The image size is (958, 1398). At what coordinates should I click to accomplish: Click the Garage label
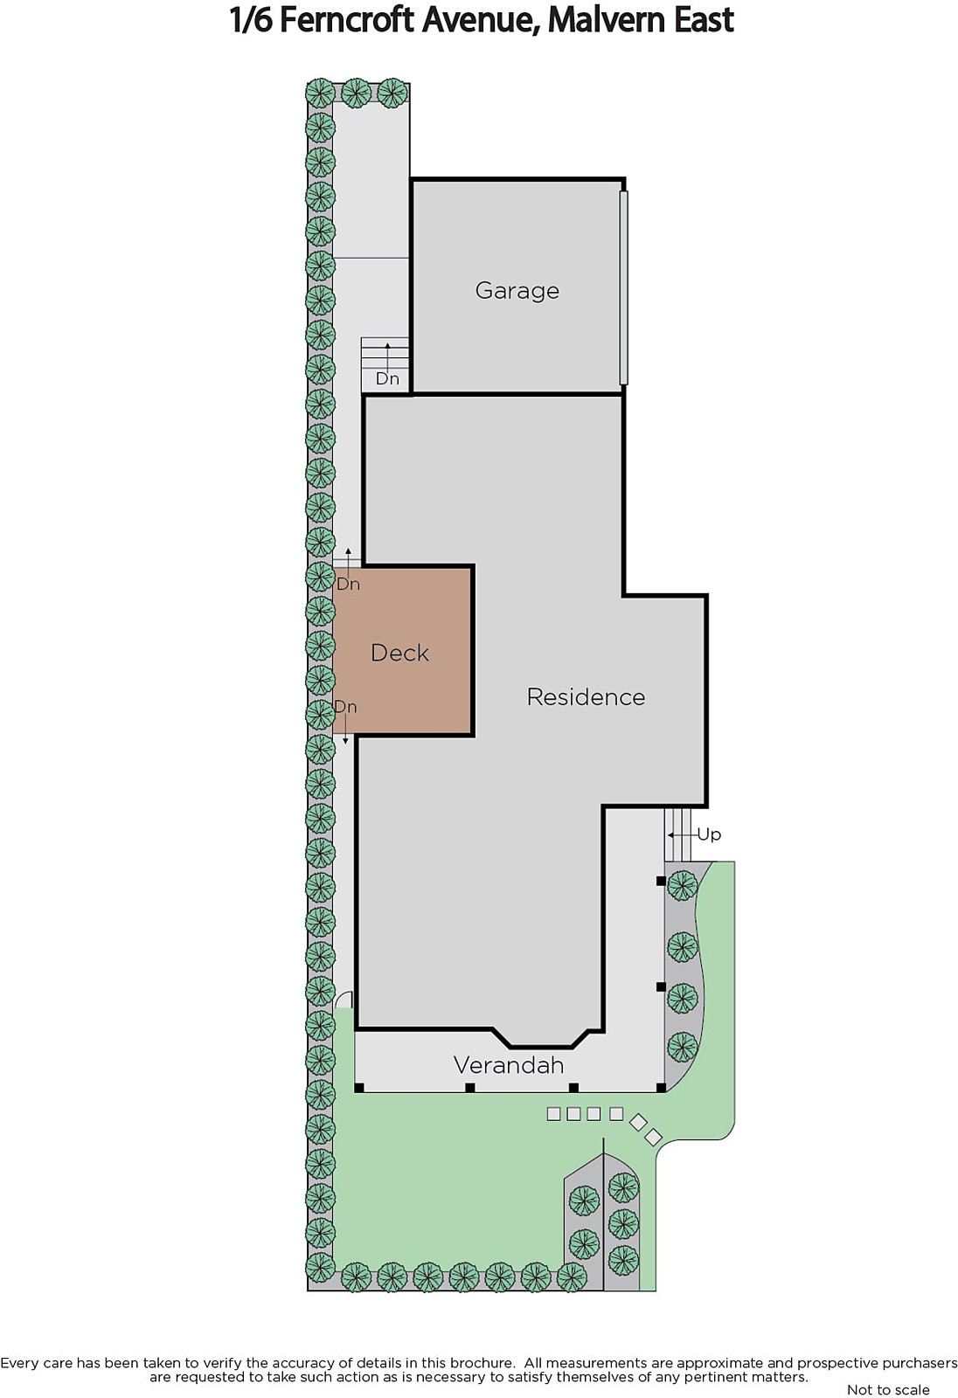click(517, 291)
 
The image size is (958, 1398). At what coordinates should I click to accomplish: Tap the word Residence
click(586, 697)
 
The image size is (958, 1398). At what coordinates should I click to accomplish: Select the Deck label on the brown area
click(399, 653)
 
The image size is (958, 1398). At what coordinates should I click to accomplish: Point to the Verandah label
click(509, 1065)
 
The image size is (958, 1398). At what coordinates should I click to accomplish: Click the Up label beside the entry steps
click(709, 834)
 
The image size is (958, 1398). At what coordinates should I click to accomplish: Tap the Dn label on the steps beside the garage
click(387, 378)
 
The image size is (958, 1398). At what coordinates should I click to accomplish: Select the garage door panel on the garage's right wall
click(623, 287)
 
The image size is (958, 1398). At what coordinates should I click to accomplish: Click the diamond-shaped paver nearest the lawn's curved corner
click(653, 1137)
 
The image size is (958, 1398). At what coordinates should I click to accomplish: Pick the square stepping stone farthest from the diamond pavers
click(553, 1114)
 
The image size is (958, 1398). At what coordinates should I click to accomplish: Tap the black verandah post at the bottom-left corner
click(359, 1088)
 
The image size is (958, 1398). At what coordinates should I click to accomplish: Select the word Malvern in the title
click(600, 20)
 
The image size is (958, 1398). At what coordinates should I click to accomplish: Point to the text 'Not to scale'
click(888, 1389)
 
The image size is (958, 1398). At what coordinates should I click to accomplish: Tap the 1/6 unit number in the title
click(251, 20)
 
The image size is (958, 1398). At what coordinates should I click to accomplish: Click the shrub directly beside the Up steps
click(683, 884)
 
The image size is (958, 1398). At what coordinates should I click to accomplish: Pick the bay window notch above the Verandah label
click(541, 1039)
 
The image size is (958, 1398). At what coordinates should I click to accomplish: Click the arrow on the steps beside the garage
click(387, 356)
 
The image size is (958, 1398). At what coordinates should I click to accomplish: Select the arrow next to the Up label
click(681, 834)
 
